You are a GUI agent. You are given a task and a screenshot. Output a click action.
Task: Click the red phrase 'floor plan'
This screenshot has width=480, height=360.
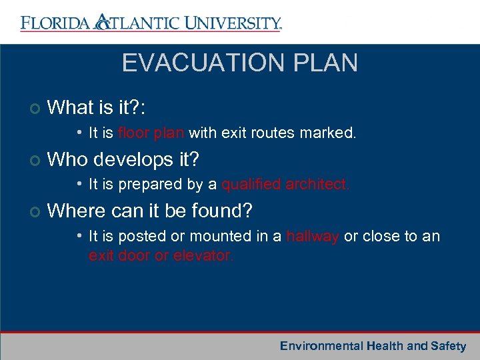pos(151,133)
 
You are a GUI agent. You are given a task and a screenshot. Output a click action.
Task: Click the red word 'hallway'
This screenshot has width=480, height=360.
pos(312,236)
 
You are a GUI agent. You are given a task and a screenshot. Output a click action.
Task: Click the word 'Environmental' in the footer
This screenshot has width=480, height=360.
pos(321,346)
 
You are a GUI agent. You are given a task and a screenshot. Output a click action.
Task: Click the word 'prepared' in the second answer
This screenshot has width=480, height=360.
pos(137,184)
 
